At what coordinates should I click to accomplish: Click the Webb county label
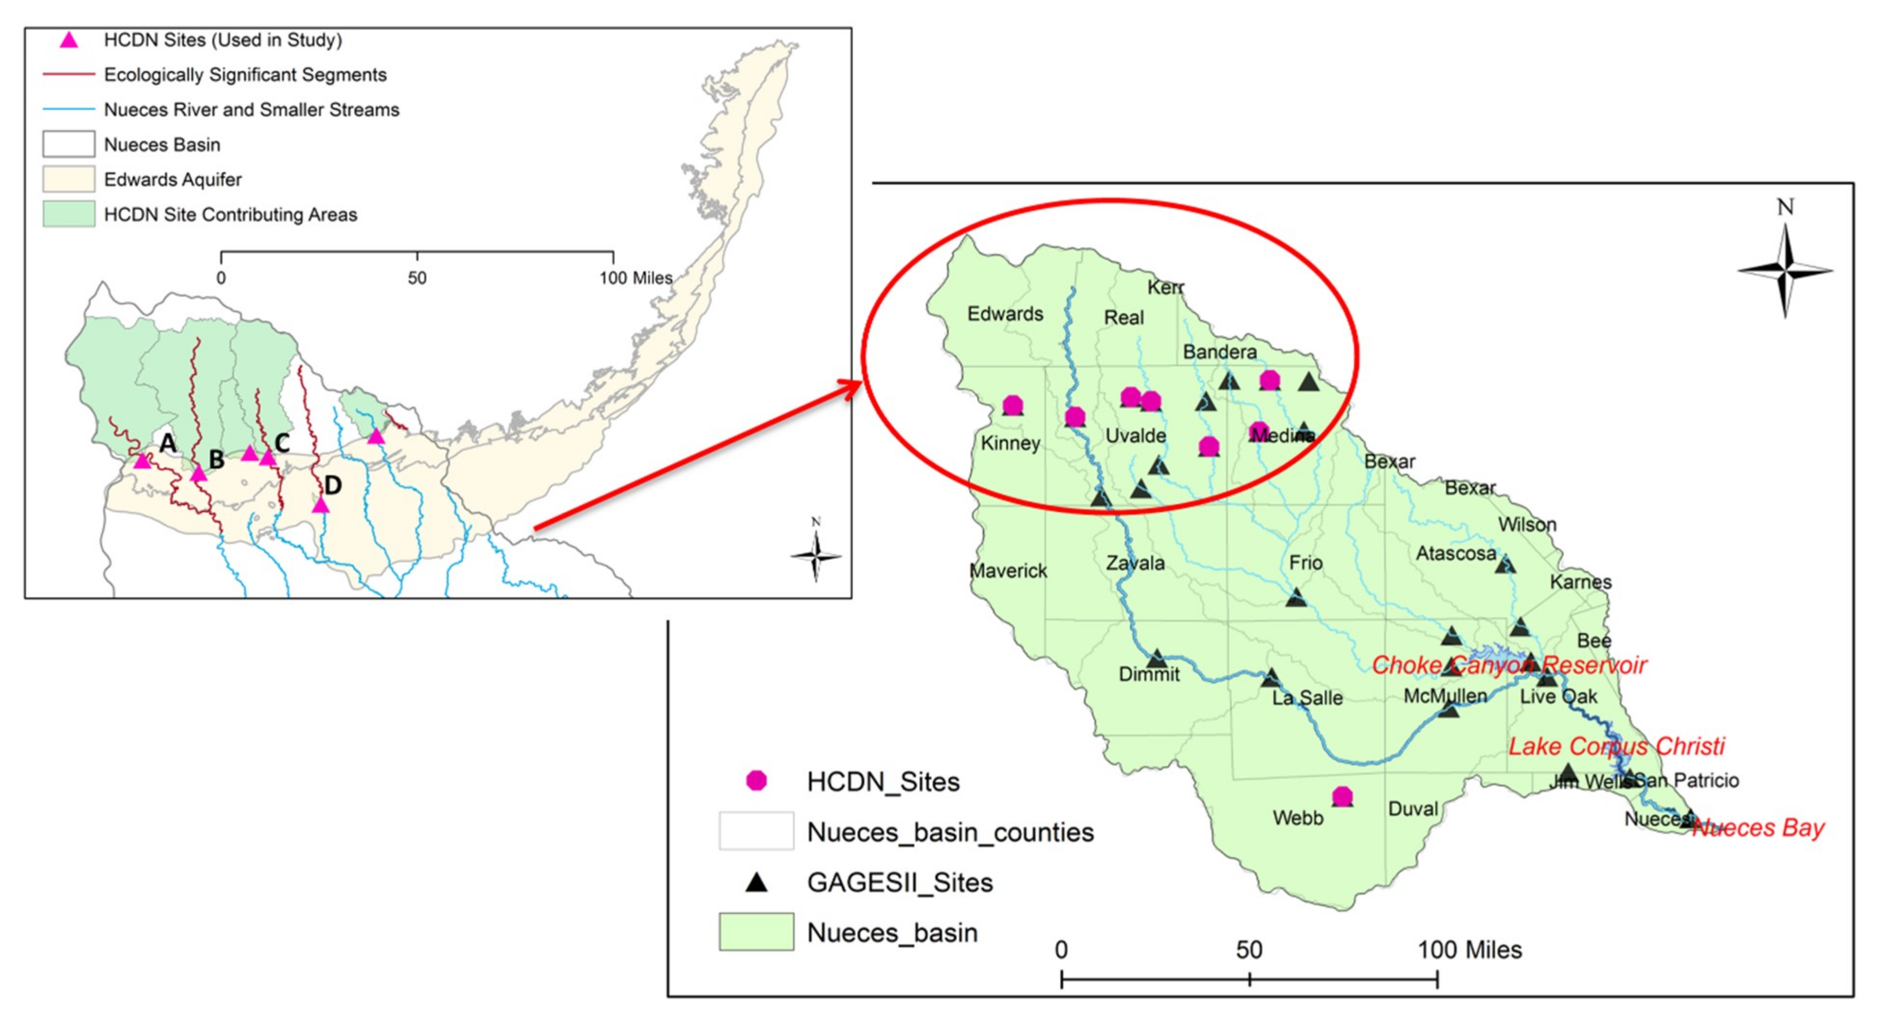[x=1298, y=817]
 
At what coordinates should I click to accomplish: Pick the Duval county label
[x=1413, y=808]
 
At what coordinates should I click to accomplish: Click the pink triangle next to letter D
[x=321, y=505]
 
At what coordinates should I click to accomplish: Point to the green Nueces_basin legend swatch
[x=756, y=932]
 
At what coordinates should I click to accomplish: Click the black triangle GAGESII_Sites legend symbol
[x=756, y=883]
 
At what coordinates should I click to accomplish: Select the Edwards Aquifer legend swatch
[x=68, y=179]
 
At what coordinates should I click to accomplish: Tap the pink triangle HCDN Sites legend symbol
[x=68, y=40]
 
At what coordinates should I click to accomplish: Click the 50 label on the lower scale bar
[x=1249, y=949]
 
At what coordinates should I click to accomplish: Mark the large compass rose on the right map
[x=1785, y=271]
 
